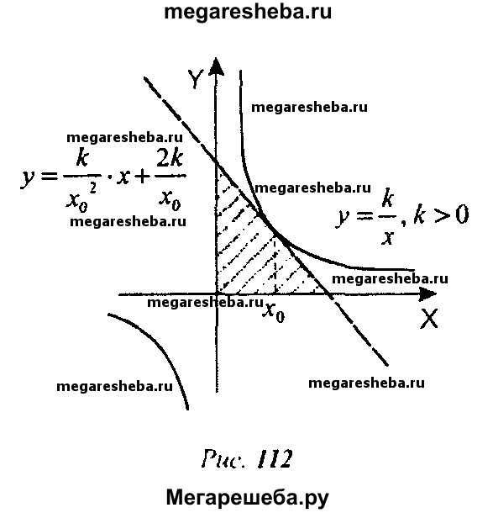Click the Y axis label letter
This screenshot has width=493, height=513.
(x=196, y=79)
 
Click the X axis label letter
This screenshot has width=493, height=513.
(x=429, y=319)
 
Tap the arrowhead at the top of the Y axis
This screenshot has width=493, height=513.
(x=216, y=66)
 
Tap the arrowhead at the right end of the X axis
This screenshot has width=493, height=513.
(x=427, y=294)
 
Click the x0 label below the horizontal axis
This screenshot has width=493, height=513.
(x=274, y=313)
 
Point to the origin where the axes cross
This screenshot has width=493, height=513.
(x=217, y=294)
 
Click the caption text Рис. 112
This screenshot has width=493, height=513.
(x=247, y=458)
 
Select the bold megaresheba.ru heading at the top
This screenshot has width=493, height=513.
(x=248, y=12)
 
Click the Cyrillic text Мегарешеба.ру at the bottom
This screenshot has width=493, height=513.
(x=247, y=498)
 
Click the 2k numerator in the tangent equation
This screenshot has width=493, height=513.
(x=170, y=159)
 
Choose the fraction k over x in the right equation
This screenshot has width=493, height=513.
(x=388, y=216)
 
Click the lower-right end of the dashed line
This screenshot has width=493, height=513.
(x=387, y=364)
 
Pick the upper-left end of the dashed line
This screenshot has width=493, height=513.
(x=144, y=78)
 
